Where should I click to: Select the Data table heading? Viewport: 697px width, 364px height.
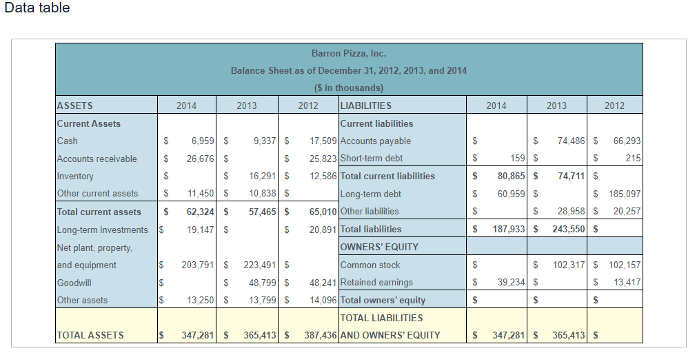37,8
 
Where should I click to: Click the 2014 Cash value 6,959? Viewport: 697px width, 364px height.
201,141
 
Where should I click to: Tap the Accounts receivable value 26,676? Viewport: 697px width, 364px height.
201,159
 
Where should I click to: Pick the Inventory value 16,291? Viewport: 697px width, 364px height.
261,176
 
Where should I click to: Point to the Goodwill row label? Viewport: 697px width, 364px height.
74,282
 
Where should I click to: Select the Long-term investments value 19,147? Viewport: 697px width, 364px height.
201,230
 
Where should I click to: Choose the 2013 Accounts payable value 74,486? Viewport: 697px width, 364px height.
569,141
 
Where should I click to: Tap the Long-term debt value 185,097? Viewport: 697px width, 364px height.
625,194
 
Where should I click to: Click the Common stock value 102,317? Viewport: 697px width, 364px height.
567,265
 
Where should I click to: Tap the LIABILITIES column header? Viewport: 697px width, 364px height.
366,105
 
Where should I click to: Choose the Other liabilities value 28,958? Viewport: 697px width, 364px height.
572,211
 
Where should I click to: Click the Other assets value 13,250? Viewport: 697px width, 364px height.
201,300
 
